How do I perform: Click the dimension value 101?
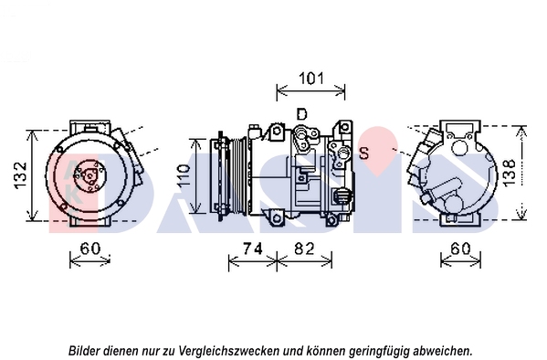[311, 79]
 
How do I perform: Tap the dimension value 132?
[20, 175]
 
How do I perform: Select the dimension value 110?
[184, 175]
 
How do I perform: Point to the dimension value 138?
[510, 173]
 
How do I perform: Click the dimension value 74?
[253, 249]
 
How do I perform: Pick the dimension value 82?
[304, 249]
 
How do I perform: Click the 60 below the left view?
[90, 249]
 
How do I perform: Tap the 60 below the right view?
[460, 249]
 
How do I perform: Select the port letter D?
[301, 114]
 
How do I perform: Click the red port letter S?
[363, 153]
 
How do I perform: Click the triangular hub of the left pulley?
[90, 176]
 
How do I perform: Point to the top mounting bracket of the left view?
[89, 127]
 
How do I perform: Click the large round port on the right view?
[459, 147]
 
